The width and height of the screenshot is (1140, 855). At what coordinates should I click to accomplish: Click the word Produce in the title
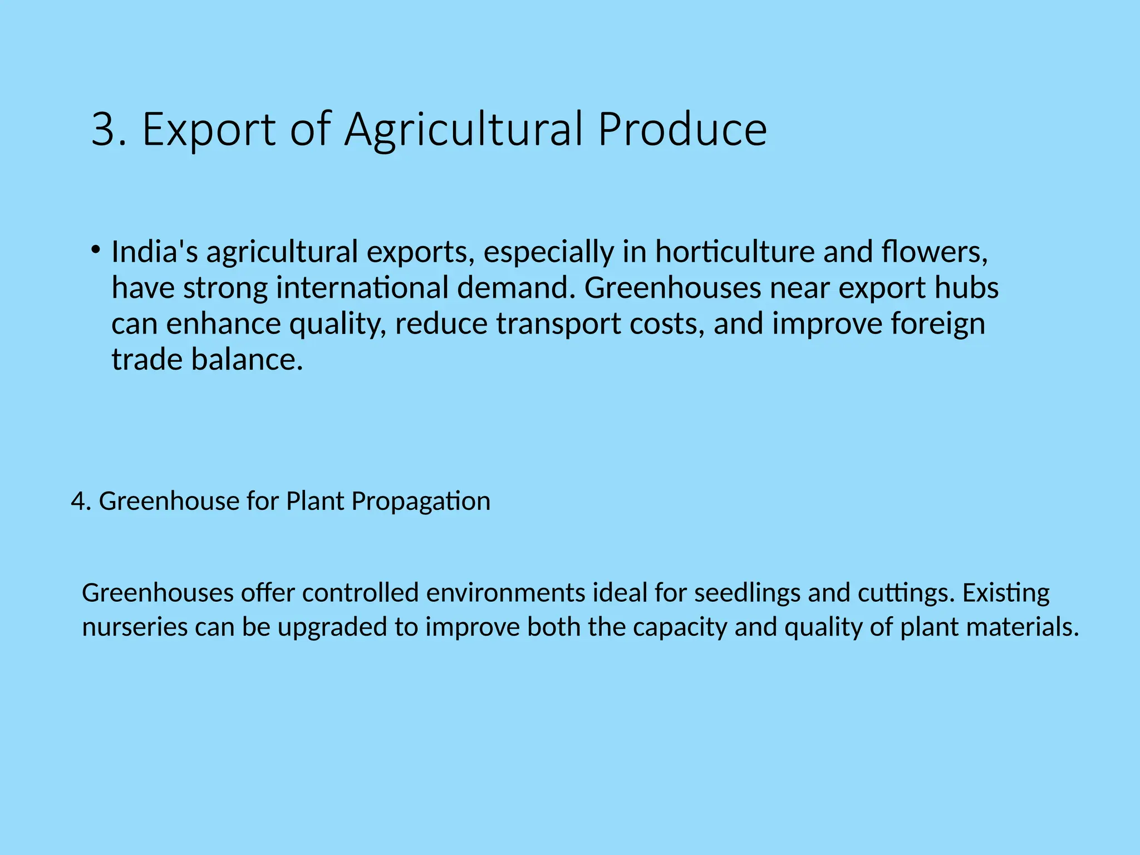[682, 129]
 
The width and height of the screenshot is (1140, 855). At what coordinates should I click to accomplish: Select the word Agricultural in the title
[464, 130]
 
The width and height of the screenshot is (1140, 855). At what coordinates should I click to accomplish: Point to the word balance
[247, 360]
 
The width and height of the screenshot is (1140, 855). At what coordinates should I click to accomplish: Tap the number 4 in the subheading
[78, 502]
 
